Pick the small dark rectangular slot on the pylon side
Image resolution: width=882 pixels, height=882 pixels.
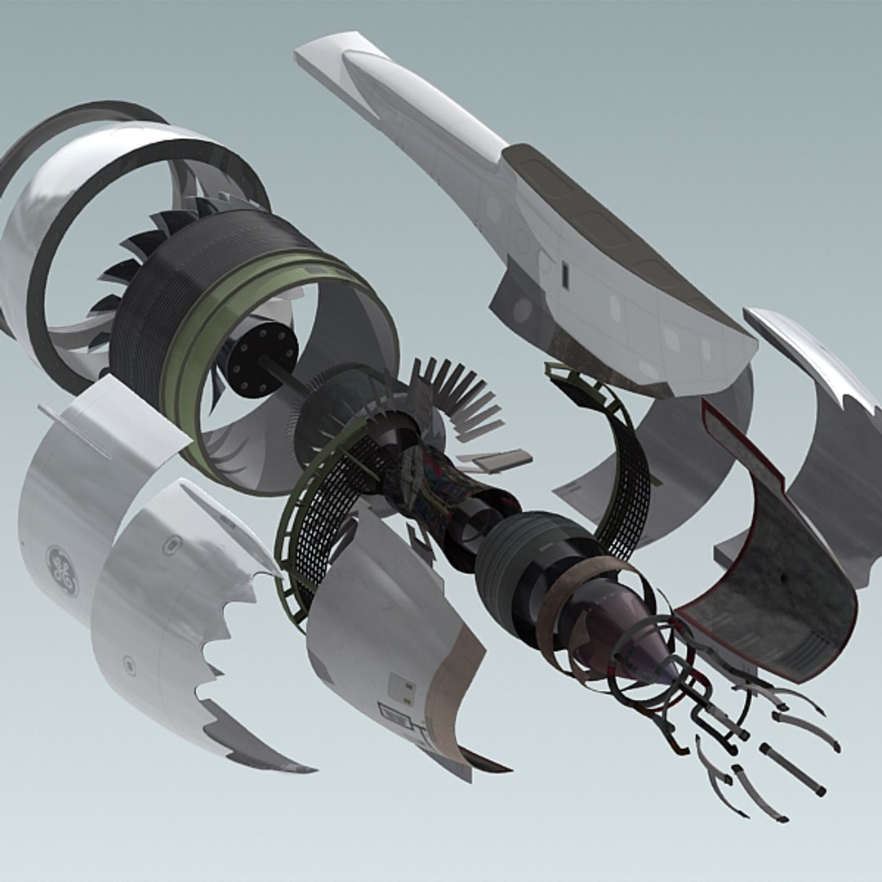(564, 276)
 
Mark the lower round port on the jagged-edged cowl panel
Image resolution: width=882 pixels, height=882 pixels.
(129, 663)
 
